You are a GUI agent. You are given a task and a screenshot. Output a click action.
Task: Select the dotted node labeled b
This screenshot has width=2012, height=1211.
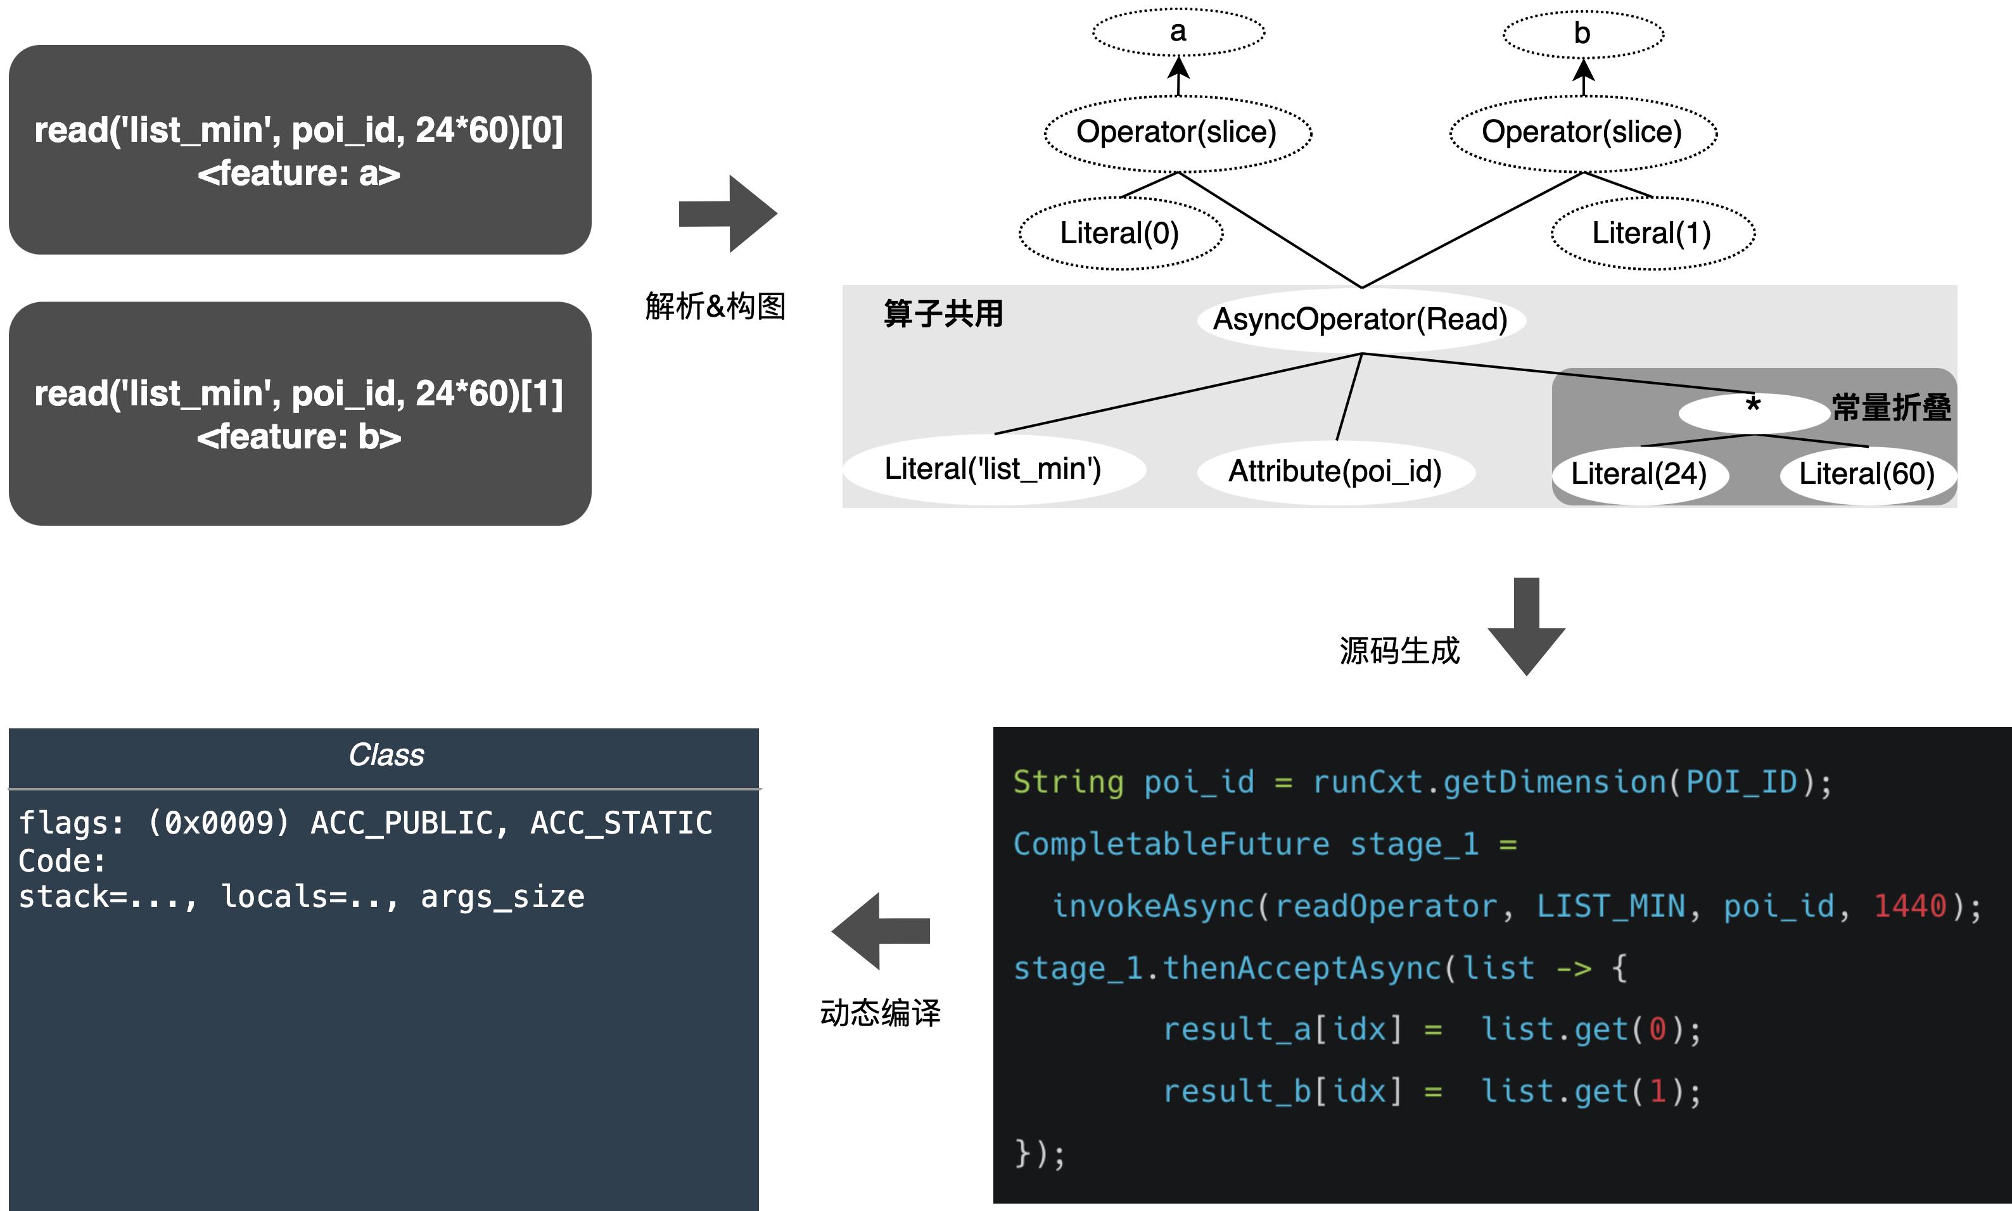[x=1582, y=34]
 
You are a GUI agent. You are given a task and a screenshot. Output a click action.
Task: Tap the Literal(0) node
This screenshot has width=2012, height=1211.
[x=1120, y=233]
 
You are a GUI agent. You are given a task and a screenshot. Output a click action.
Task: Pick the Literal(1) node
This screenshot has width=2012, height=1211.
[x=1652, y=233]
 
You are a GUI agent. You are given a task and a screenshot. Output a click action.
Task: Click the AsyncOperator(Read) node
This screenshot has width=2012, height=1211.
[x=1361, y=319]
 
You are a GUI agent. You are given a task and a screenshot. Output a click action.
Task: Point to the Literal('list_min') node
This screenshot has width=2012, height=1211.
[x=993, y=469]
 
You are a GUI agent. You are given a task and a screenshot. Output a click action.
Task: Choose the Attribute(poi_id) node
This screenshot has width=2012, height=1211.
[x=1335, y=471]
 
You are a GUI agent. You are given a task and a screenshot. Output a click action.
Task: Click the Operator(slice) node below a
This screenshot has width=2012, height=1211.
[x=1177, y=132]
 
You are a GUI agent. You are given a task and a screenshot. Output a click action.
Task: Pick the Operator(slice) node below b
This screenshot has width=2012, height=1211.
[x=1582, y=132]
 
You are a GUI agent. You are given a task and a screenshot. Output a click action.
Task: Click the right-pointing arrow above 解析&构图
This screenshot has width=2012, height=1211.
[x=727, y=214]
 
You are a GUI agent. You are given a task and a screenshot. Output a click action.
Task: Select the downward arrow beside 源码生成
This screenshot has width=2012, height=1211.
[x=1526, y=626]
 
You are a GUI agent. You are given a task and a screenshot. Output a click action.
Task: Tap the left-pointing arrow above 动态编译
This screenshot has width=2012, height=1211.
[x=881, y=931]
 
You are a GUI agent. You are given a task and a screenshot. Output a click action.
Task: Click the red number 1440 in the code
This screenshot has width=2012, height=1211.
[x=1910, y=906]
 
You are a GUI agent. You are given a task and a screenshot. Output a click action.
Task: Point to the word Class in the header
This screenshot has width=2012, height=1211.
[x=386, y=756]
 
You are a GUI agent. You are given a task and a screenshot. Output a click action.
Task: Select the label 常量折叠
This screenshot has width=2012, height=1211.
[x=1891, y=407]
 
